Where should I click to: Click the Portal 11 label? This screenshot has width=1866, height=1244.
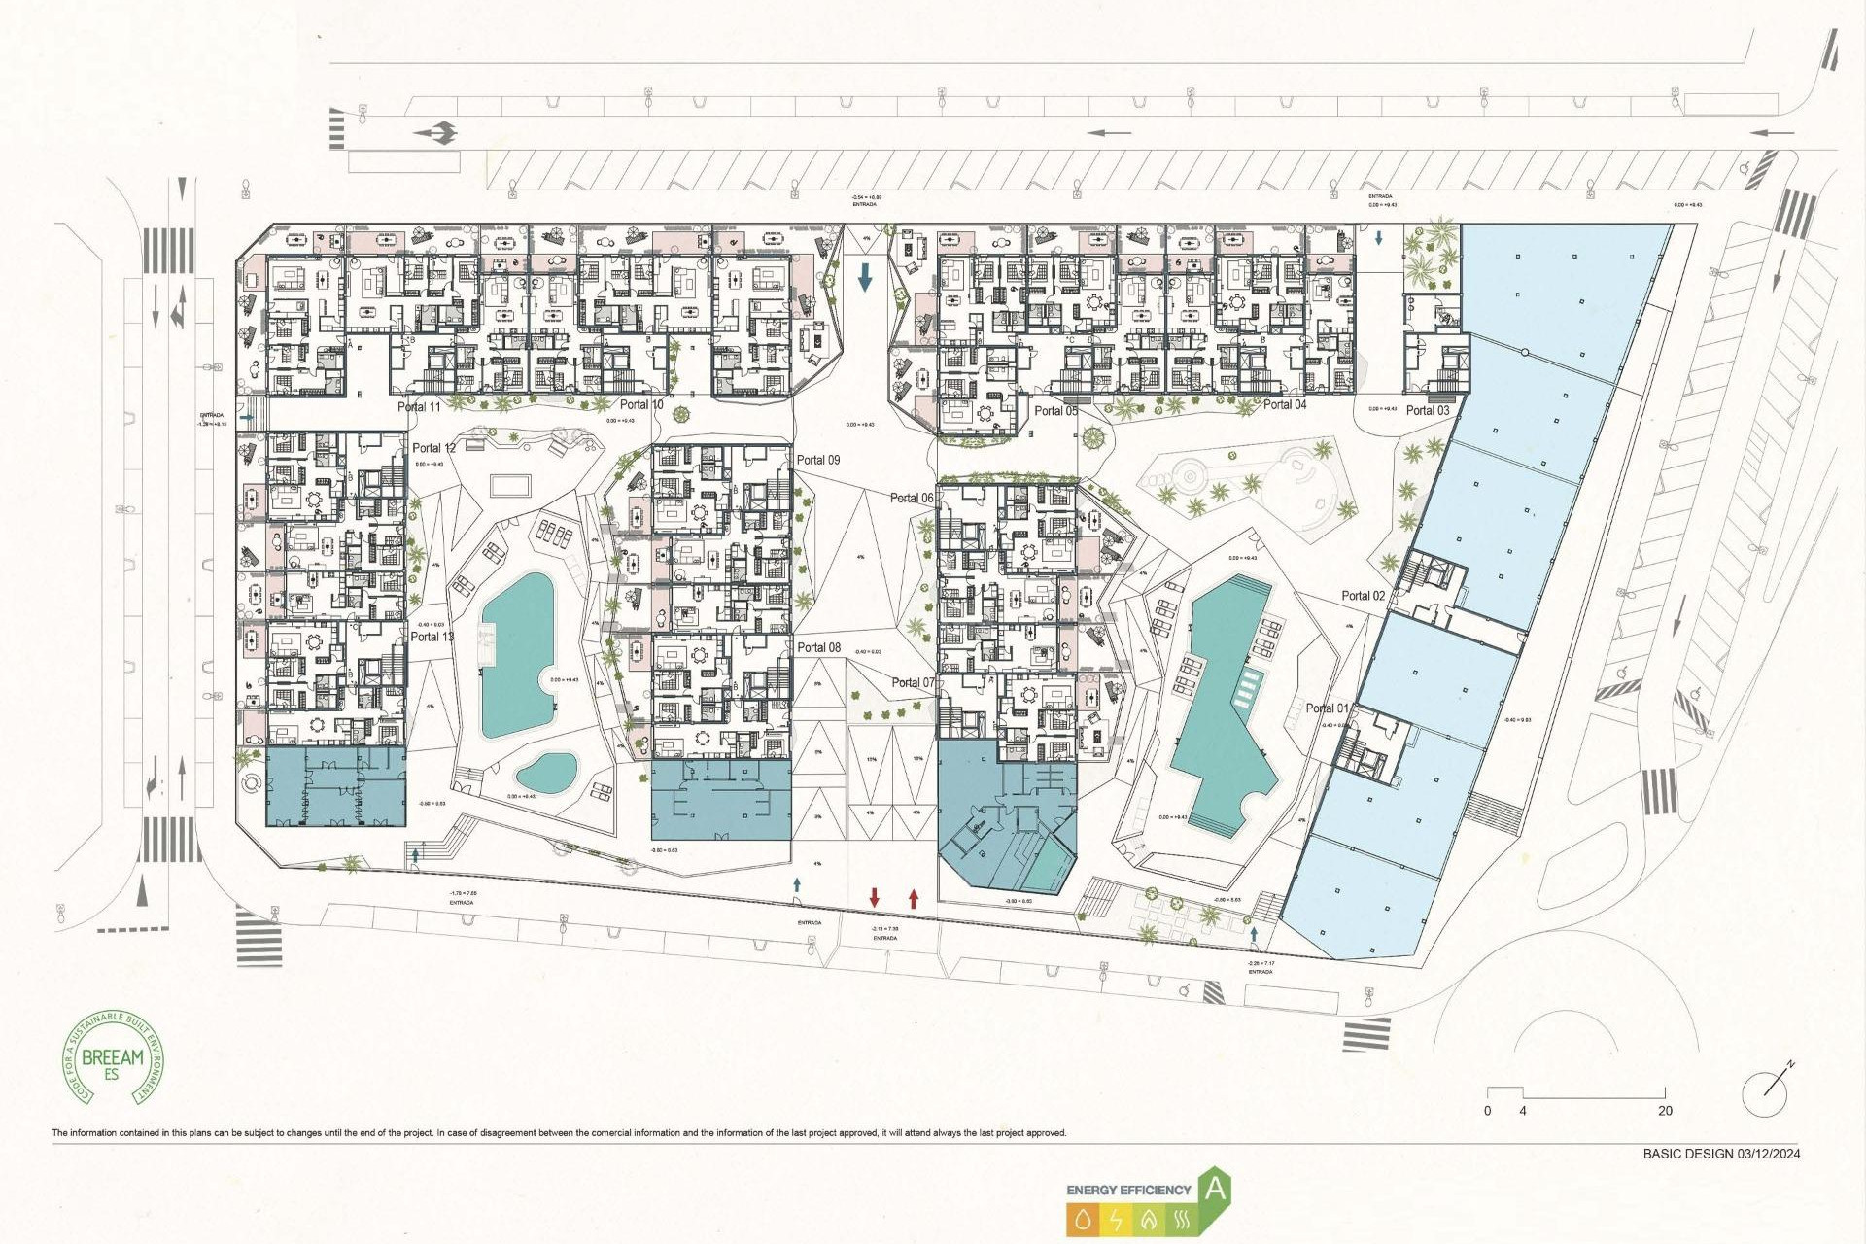tap(419, 407)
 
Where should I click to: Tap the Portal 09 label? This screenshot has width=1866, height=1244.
tap(818, 460)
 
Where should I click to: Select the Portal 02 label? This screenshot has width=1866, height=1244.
tap(1364, 596)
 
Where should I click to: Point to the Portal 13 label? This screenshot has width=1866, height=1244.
tap(432, 637)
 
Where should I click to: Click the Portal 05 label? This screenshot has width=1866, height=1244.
tap(1055, 411)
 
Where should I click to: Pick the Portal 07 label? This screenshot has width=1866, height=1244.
tap(913, 683)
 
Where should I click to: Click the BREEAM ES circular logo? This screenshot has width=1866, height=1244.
tap(114, 1057)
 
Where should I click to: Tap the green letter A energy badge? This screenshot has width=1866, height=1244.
tap(1215, 1189)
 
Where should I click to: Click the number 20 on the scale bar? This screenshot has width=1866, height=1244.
tap(1665, 1111)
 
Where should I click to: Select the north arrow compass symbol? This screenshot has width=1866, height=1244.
tap(1767, 1092)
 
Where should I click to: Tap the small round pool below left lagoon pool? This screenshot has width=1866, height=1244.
tap(546, 773)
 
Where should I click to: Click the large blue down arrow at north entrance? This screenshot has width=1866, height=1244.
tap(865, 277)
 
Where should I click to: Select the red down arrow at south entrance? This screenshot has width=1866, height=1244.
tap(875, 897)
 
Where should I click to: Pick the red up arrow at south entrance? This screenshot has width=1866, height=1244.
tap(914, 897)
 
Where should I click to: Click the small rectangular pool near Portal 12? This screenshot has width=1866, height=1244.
tap(510, 484)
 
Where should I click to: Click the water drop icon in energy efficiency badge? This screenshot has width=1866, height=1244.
tap(1083, 1219)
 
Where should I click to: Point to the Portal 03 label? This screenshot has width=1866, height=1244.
tap(1427, 410)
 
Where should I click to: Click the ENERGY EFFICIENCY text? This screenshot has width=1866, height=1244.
tap(1128, 1190)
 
